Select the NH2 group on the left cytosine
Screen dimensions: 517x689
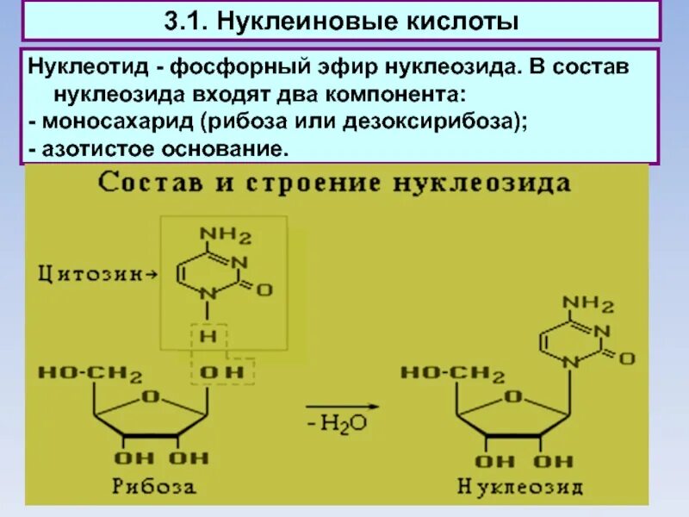tap(226, 235)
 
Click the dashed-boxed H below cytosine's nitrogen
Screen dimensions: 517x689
tap(208, 336)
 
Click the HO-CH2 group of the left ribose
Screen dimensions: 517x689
tap(90, 373)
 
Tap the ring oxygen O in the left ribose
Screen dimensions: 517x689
tap(152, 396)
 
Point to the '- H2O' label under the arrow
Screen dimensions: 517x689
tap(343, 424)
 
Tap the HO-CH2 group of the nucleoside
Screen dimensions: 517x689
tap(452, 373)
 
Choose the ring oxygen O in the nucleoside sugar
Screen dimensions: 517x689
tap(514, 396)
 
